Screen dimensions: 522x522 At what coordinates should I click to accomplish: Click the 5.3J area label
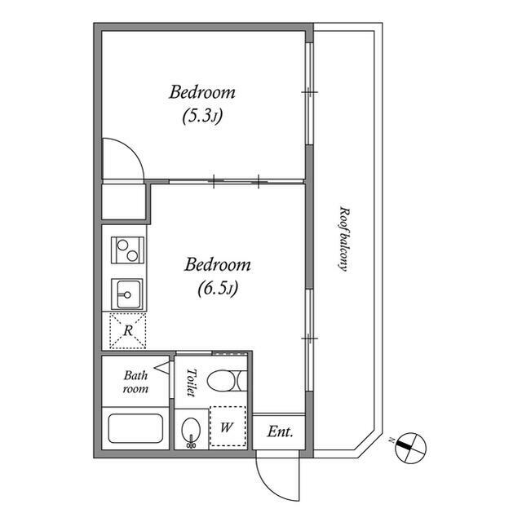tap(202, 117)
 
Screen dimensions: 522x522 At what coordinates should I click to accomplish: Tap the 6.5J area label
tap(218, 289)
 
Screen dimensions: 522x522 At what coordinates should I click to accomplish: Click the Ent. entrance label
tap(280, 431)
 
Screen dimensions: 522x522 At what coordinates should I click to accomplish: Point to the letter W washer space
tap(227, 427)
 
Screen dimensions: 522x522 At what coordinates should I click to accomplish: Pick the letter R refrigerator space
tap(128, 330)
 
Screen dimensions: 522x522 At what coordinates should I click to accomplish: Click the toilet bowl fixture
tap(227, 380)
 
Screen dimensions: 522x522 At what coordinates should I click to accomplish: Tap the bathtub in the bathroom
tap(135, 428)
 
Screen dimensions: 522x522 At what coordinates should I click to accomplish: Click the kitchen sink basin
tap(127, 294)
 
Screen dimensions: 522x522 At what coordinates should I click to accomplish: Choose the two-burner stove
tap(127, 250)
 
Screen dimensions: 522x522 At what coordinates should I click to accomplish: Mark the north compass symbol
tap(410, 448)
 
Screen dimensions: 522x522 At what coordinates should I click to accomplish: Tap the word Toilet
tap(191, 383)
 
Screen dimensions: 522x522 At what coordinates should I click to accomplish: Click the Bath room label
tap(135, 382)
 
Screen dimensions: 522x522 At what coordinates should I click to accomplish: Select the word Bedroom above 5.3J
tap(202, 92)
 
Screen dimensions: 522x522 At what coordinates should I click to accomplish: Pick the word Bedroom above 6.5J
tap(218, 264)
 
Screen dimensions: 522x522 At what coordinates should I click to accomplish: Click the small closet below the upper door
tap(123, 202)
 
